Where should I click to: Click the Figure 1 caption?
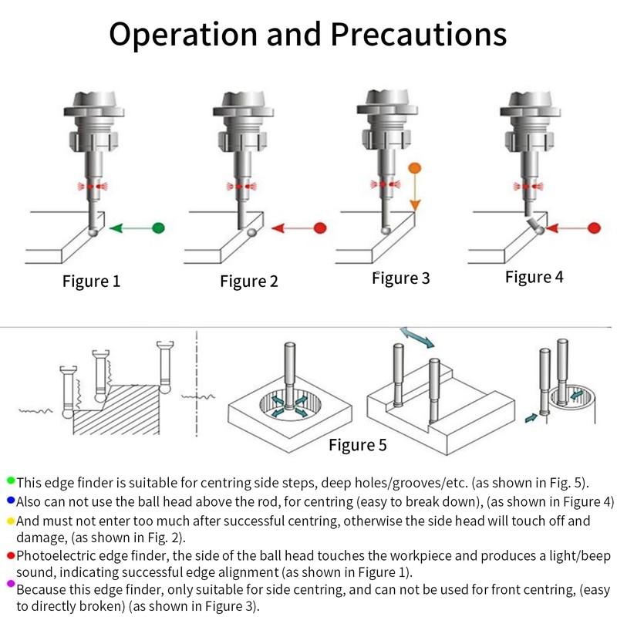pyautogui.click(x=91, y=281)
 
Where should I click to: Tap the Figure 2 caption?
pyautogui.click(x=248, y=281)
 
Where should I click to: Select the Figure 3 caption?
pyautogui.click(x=401, y=278)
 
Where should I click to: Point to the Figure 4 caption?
pyautogui.click(x=534, y=277)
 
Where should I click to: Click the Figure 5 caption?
pyautogui.click(x=357, y=444)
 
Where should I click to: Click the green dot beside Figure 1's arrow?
pyautogui.click(x=159, y=228)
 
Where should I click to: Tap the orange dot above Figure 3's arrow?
pyautogui.click(x=414, y=167)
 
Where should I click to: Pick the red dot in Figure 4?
pyautogui.click(x=594, y=228)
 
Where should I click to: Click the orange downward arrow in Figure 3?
pyautogui.click(x=414, y=193)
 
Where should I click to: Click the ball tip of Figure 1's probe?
pyautogui.click(x=93, y=231)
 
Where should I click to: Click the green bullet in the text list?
pyautogui.click(x=10, y=481)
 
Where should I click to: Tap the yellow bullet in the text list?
pyautogui.click(x=10, y=520)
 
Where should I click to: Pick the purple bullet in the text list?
pyautogui.click(x=10, y=588)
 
